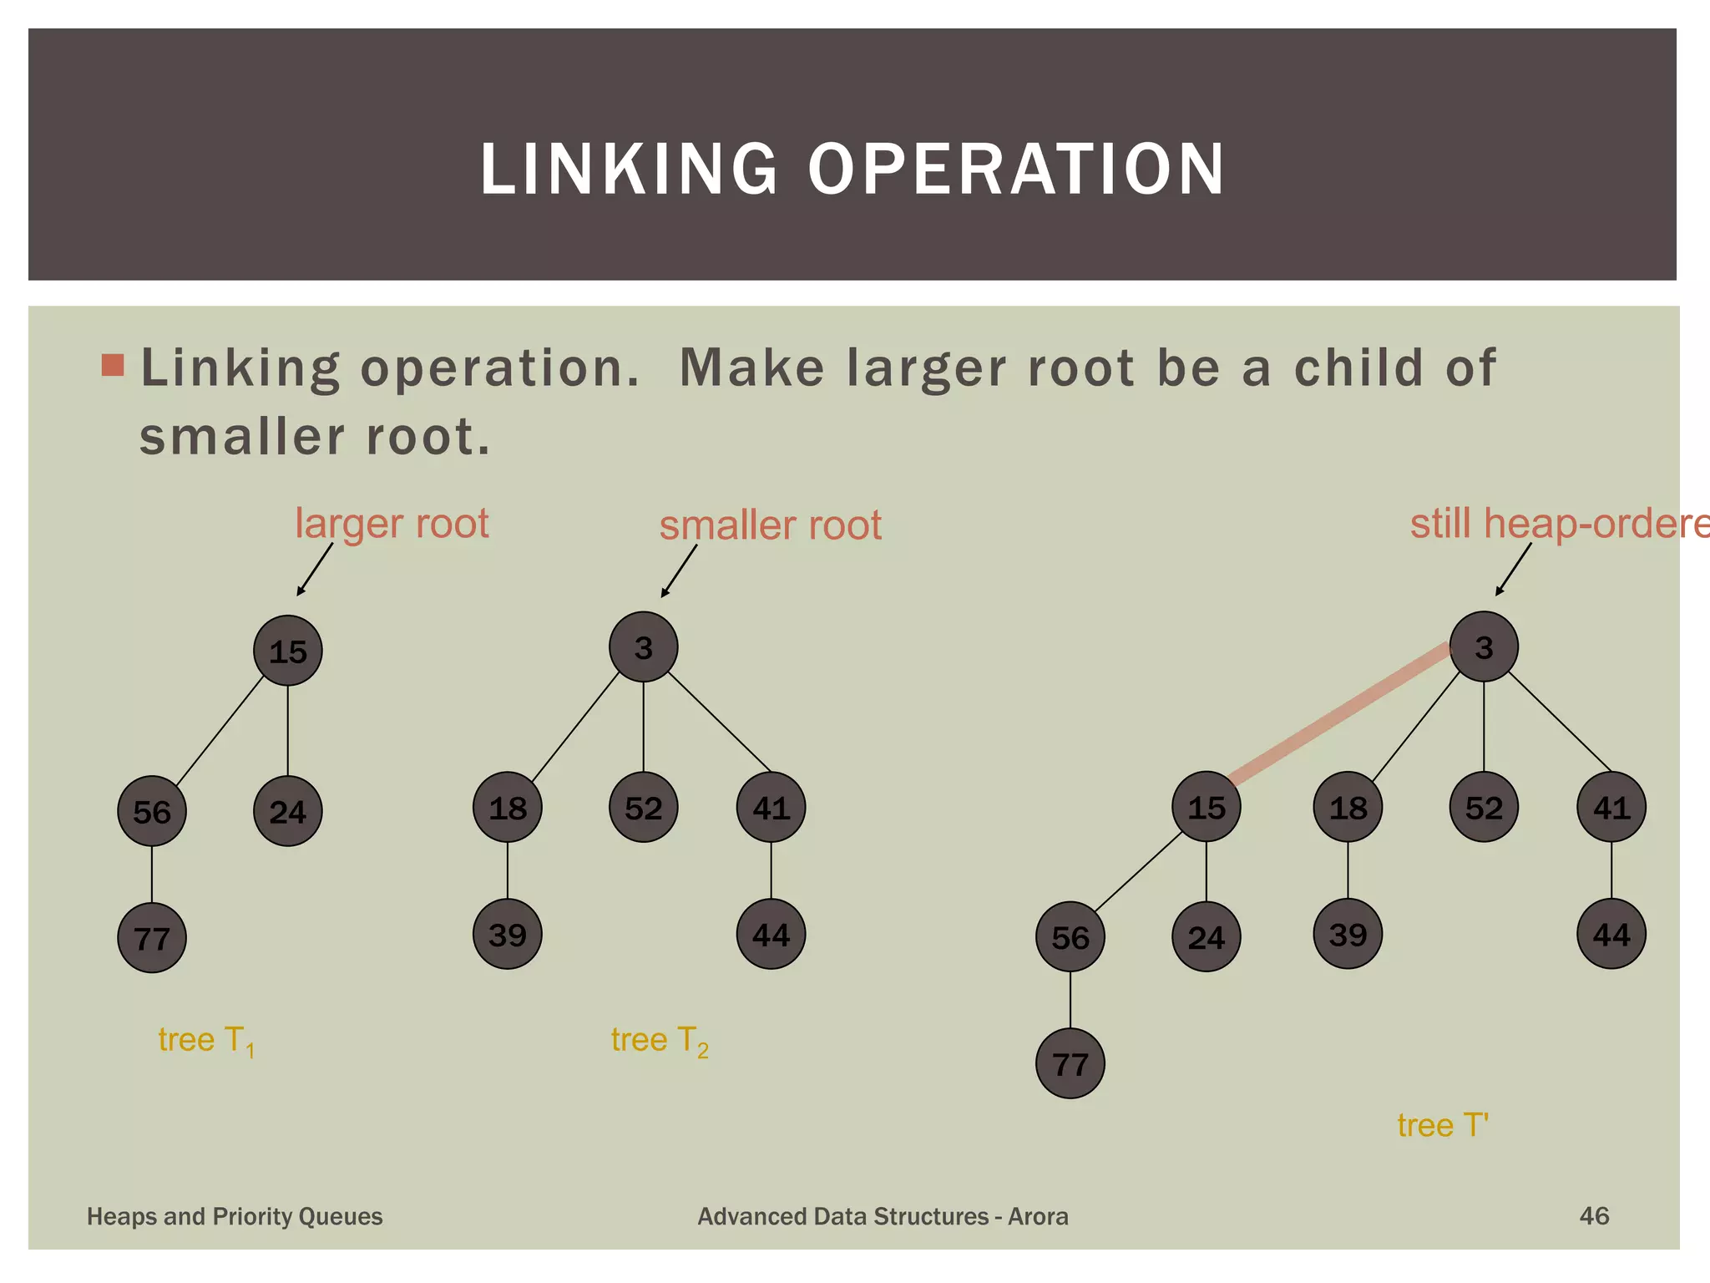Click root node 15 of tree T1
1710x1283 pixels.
(287, 651)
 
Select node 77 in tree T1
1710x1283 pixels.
(152, 938)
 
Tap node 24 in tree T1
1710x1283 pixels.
(287, 811)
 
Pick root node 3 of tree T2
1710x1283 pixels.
(643, 647)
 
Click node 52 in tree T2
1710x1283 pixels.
(643, 808)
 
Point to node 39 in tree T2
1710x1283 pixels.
(508, 934)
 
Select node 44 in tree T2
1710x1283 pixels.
(771, 934)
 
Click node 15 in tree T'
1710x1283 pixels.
(1206, 807)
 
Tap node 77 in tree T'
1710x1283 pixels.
(1070, 1063)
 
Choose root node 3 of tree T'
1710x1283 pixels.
(1483, 647)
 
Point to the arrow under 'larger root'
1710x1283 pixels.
(315, 570)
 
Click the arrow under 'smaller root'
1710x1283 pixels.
(679, 571)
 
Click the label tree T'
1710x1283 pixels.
(1443, 1125)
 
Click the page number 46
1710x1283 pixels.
(1594, 1215)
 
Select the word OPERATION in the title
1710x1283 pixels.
(1015, 170)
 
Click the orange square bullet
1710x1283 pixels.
(113, 365)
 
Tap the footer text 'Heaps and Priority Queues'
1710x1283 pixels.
(235, 1216)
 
